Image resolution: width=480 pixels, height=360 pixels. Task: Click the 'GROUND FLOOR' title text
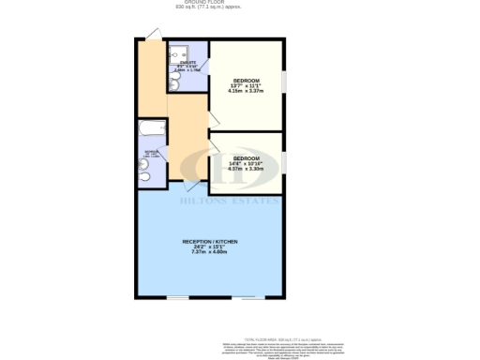pyautogui.click(x=208, y=3)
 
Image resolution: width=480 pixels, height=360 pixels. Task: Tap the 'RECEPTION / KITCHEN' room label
pyautogui.click(x=210, y=242)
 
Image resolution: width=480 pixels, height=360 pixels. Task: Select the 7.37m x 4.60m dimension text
pyautogui.click(x=210, y=252)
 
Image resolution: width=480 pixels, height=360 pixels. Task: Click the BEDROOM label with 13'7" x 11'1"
pyautogui.click(x=245, y=81)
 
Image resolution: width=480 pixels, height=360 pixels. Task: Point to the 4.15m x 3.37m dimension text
pyautogui.click(x=245, y=92)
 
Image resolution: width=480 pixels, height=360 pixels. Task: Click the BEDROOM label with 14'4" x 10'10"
pyautogui.click(x=247, y=157)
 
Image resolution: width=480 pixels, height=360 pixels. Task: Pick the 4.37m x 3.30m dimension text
pyautogui.click(x=247, y=169)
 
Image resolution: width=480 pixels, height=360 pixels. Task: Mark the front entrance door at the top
pyautogui.click(x=153, y=36)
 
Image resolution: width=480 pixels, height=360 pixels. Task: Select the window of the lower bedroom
pyautogui.click(x=284, y=157)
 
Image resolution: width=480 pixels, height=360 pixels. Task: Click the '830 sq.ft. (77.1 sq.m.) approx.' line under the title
pyautogui.click(x=208, y=8)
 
